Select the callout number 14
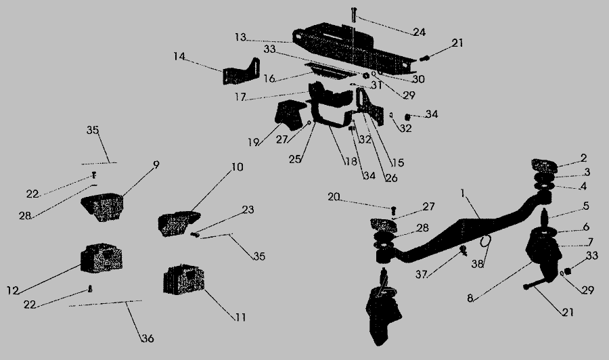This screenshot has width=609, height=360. (x=179, y=58)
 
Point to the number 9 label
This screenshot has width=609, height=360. (x=156, y=164)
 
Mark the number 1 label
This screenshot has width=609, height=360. (x=462, y=193)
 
